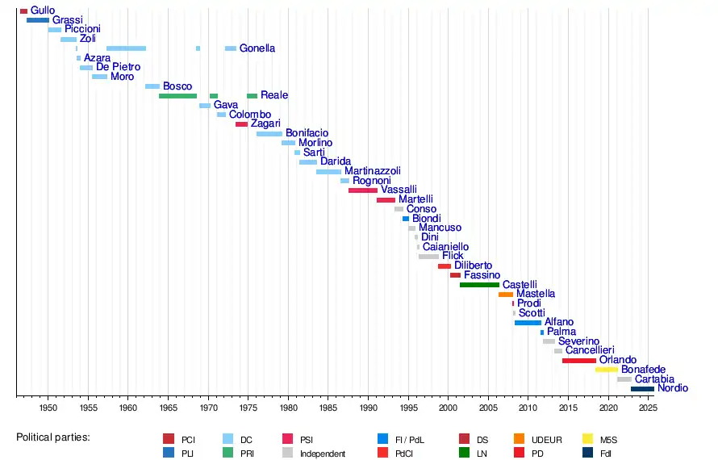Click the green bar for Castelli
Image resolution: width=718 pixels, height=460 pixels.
point(479,285)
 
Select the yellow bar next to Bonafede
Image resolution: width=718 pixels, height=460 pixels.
point(607,370)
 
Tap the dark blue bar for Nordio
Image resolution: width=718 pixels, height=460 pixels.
point(642,389)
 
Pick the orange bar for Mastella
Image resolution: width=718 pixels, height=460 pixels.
point(506,295)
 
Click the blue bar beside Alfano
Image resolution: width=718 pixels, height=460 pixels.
point(528,323)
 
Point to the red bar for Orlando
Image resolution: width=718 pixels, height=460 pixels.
point(579,361)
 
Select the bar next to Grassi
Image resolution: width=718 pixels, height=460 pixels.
point(38,20)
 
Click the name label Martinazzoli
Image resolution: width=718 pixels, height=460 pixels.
point(372,171)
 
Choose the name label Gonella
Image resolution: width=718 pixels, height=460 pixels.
point(257,48)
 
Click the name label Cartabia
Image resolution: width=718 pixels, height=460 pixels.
point(654,379)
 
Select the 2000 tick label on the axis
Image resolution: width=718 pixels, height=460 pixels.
point(448,408)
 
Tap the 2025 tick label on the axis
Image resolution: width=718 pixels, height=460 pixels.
point(648,408)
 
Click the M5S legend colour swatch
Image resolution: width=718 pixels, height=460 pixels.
point(588,439)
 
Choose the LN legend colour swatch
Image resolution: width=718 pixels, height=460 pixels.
point(464,453)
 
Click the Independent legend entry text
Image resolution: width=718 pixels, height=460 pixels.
point(323,454)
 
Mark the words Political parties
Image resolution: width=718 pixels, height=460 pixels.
point(52,437)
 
